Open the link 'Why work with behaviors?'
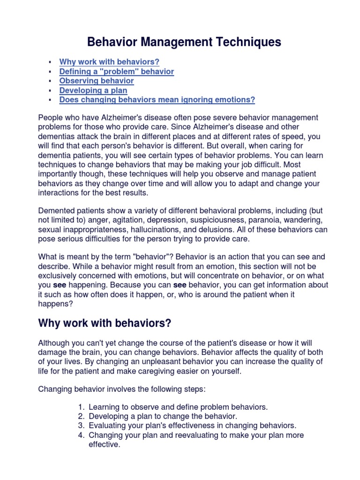pos(109,62)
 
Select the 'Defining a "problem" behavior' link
pos(116,71)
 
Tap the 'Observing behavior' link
pos(96,81)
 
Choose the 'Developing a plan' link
pos(93,90)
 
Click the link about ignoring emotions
pos(157,99)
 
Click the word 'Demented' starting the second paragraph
pos(55,211)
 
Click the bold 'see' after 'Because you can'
pos(180,285)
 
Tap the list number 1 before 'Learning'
pos(81,407)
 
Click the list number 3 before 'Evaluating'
pos(81,426)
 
